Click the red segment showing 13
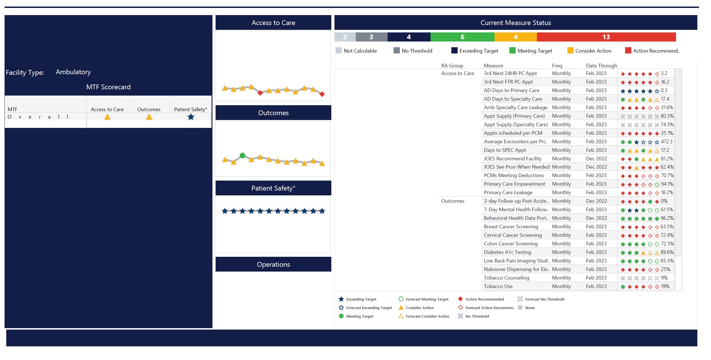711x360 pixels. coord(606,37)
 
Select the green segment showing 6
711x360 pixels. coord(462,37)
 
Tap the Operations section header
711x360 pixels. coord(273,264)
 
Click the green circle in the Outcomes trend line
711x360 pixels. coord(242,155)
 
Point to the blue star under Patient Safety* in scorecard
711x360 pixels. coord(191,117)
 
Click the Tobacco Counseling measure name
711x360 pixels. coord(506,278)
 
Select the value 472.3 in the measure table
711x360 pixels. coord(666,141)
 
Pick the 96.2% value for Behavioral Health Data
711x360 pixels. coord(667,218)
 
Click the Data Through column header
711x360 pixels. coord(601,66)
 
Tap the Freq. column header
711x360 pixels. coord(557,66)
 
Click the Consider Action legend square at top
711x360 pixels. coord(570,51)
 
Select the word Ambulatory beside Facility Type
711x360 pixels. coord(73,72)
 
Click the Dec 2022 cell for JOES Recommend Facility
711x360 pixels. coord(596,158)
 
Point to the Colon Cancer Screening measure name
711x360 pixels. coord(510,244)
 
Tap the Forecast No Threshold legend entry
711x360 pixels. coord(544,299)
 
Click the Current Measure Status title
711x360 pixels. coord(515,23)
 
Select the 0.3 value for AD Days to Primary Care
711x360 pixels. coord(664,90)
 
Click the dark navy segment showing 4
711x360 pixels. coord(408,37)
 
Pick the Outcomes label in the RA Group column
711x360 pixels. coord(452,201)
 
